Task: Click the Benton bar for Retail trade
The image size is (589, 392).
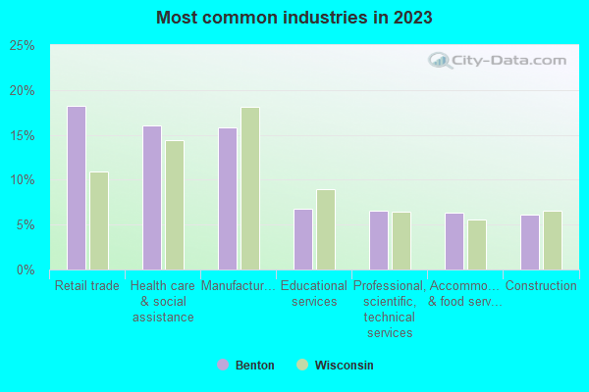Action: click(76, 188)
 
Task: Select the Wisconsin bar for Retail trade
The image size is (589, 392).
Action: click(99, 220)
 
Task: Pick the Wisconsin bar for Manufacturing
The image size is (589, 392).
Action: click(250, 188)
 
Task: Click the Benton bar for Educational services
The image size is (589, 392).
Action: click(302, 239)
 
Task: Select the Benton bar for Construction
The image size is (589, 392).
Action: click(529, 242)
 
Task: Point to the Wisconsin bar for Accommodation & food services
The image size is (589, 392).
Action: click(477, 244)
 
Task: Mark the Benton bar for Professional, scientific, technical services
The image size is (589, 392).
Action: click(378, 240)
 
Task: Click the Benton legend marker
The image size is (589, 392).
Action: click(223, 365)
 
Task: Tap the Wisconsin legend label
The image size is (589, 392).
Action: click(344, 365)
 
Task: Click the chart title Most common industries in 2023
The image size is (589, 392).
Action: click(294, 18)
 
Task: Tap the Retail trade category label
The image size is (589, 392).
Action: click(86, 286)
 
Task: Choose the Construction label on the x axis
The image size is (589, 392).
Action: click(541, 286)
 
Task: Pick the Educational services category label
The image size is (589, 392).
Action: click(314, 294)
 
